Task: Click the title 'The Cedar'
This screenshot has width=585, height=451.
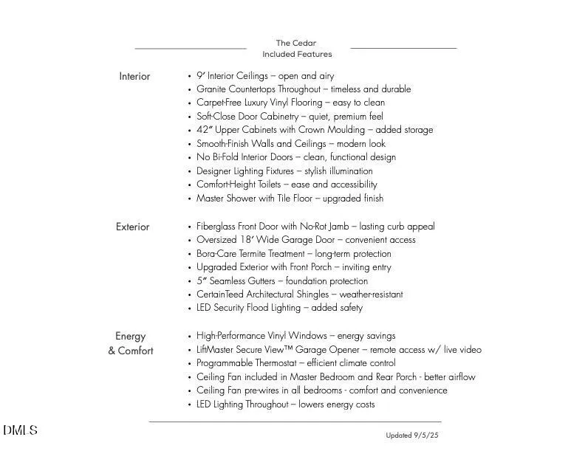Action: tap(295, 43)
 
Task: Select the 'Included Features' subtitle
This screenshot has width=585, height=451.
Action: tap(297, 54)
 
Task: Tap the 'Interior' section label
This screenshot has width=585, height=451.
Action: tap(134, 76)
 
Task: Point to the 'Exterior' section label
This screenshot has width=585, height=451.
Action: tap(132, 227)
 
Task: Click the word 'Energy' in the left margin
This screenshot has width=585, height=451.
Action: tap(131, 336)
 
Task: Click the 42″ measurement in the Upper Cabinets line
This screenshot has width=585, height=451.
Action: tap(204, 130)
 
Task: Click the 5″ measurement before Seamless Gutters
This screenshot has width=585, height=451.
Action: tap(201, 281)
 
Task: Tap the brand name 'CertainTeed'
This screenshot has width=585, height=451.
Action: tap(220, 295)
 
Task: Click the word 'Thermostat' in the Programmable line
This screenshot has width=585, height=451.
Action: tap(273, 363)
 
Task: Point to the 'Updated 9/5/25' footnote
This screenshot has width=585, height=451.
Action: tap(411, 435)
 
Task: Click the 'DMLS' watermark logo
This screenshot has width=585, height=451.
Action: tap(20, 430)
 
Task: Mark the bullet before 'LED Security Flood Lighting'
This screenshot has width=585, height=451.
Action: tap(190, 309)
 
